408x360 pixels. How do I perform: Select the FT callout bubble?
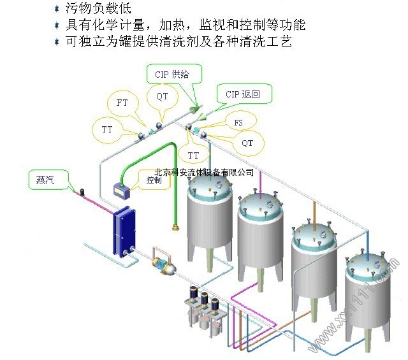[x=122, y=103]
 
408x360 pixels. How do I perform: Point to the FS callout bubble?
[x=238, y=122]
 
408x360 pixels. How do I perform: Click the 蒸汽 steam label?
[x=46, y=180]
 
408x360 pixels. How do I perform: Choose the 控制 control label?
[x=154, y=180]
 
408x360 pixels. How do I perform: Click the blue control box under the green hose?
[x=122, y=191]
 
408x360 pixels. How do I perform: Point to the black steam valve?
[x=83, y=192]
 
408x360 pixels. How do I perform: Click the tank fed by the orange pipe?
[x=314, y=265]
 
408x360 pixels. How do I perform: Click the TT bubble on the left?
[x=107, y=129]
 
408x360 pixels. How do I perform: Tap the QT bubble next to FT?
[x=162, y=97]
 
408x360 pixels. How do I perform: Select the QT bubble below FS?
[x=247, y=143]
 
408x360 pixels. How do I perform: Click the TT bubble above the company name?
[x=193, y=155]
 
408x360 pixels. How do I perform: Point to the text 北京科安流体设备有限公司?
[x=204, y=172]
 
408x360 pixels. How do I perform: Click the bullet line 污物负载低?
[x=98, y=8]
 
